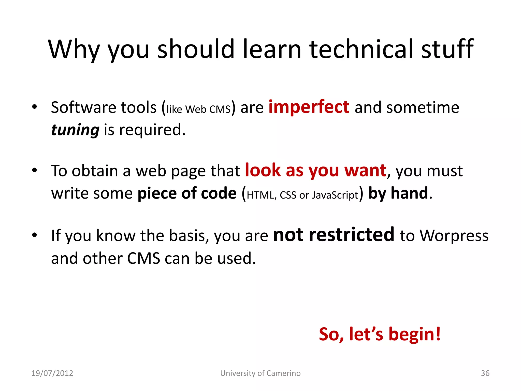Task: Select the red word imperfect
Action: tap(309, 107)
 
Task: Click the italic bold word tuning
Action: tap(75, 130)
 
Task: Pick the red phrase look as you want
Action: tap(315, 170)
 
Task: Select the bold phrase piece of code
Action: tap(187, 193)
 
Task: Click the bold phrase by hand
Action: tap(398, 193)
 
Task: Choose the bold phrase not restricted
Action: tap(334, 235)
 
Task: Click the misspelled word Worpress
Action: tap(454, 235)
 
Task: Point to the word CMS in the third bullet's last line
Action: tap(143, 258)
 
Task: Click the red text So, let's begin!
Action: tap(380, 334)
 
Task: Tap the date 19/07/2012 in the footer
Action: tap(52, 373)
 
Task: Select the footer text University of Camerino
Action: tap(260, 373)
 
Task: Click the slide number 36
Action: tap(485, 373)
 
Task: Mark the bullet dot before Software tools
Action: tap(35, 107)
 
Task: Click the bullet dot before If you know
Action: tap(35, 235)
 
